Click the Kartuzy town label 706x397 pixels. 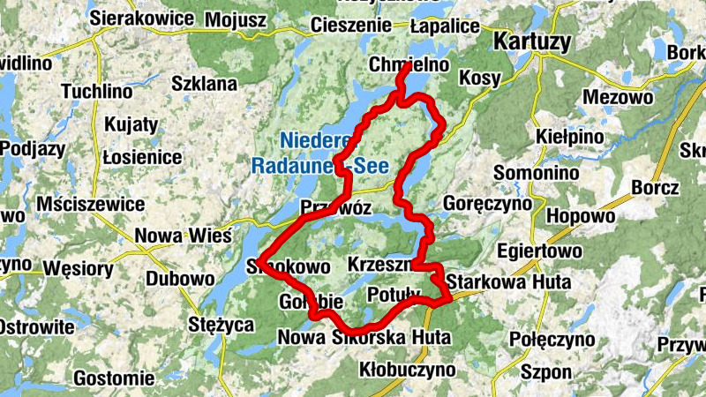532,41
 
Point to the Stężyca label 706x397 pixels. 222,324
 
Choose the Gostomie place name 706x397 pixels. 119,378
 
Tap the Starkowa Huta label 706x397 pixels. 509,282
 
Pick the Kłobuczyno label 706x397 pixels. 408,370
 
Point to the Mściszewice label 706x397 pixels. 91,204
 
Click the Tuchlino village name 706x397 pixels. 97,91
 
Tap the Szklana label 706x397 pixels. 204,84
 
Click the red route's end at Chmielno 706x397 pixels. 405,66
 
